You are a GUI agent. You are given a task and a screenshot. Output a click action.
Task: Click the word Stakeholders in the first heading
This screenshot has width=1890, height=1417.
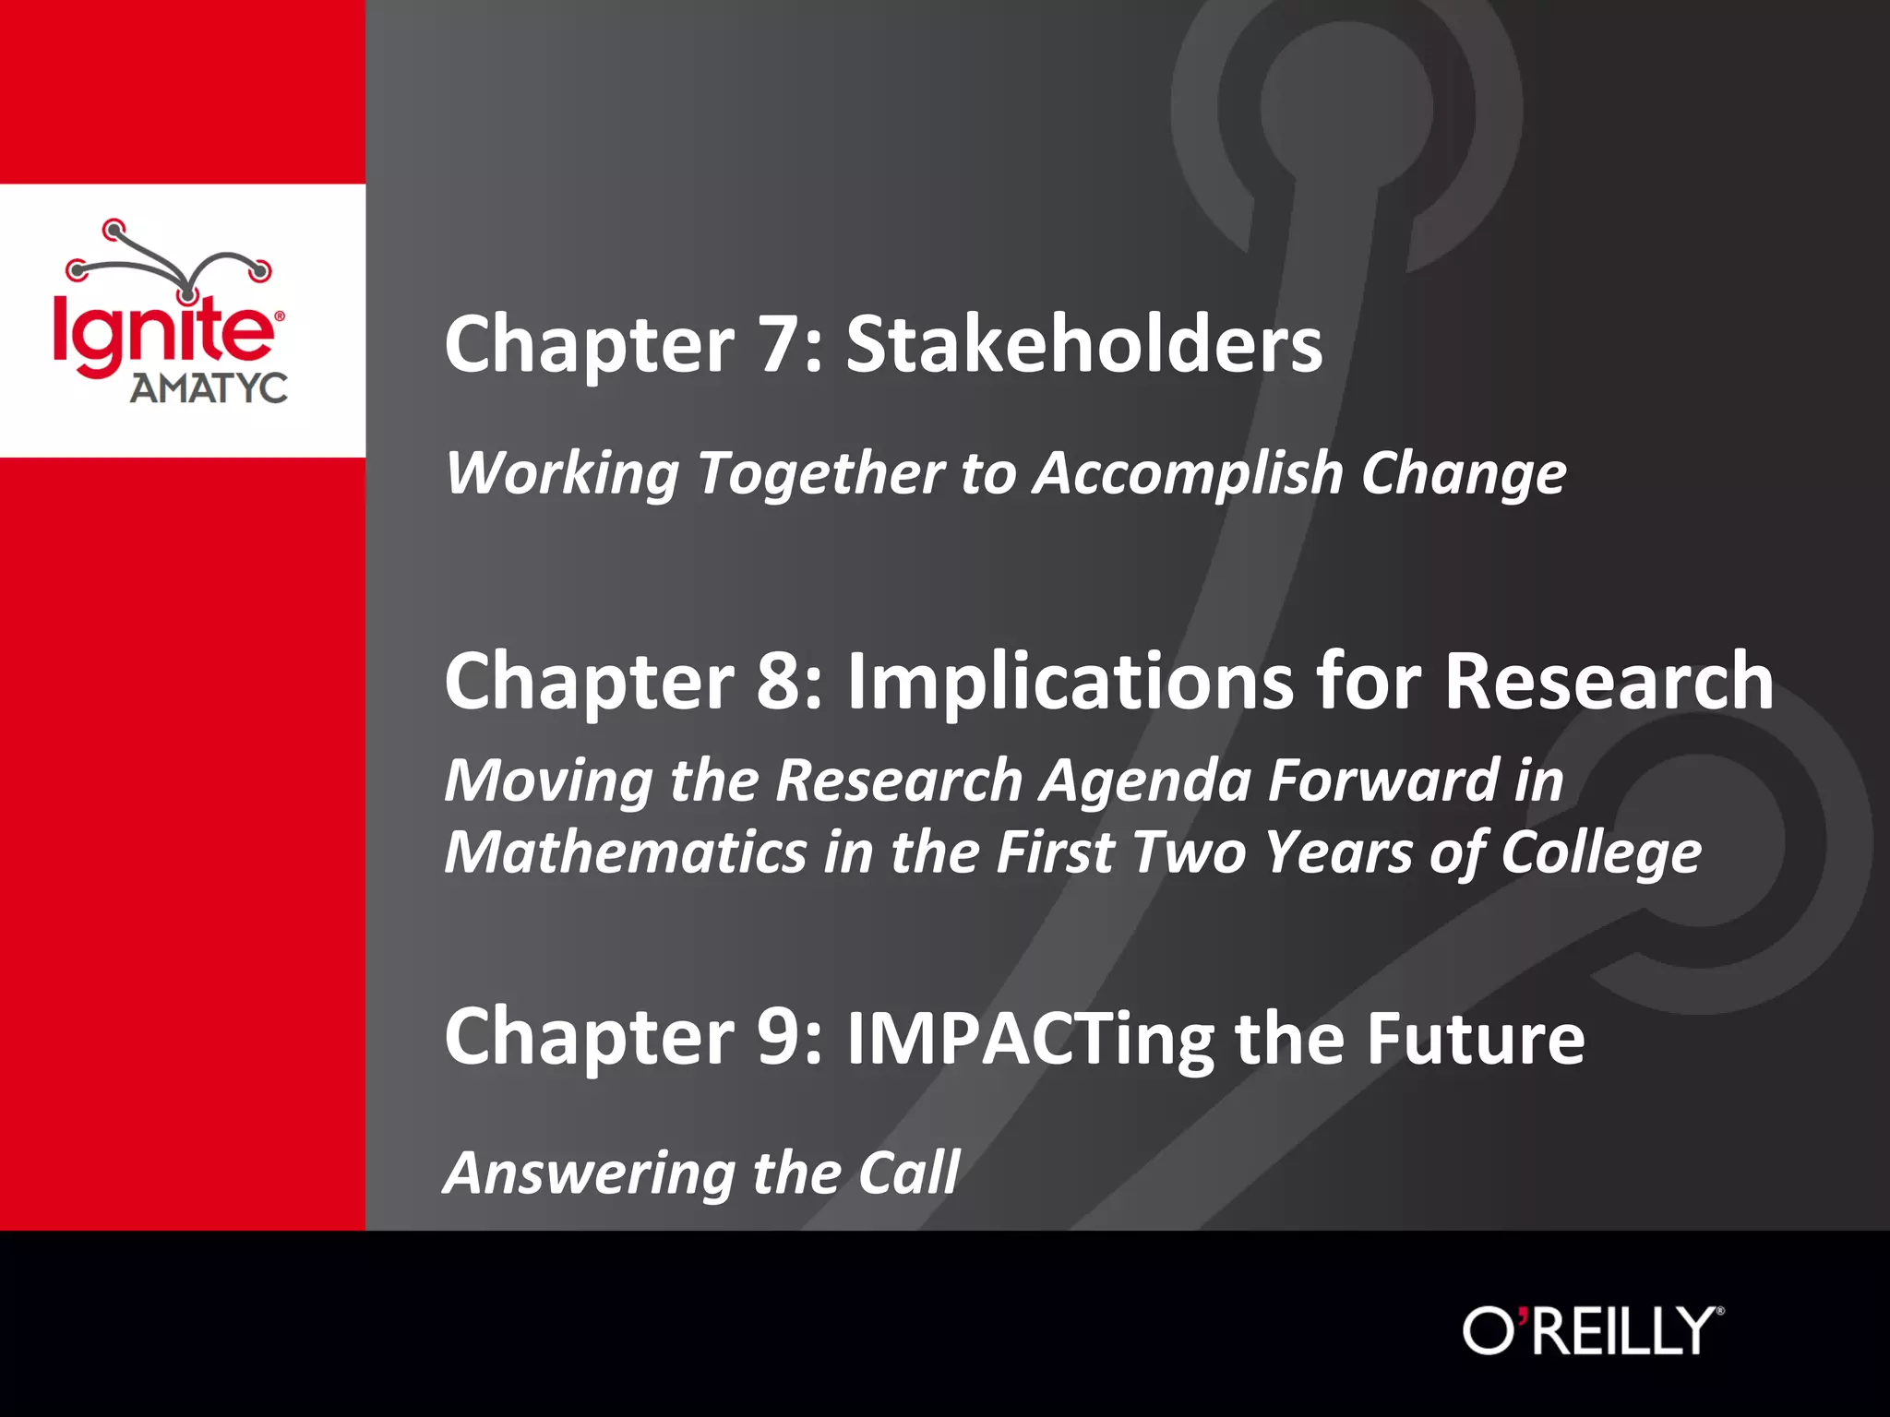point(1084,344)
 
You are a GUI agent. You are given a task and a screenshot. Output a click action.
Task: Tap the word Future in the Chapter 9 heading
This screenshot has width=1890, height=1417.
point(1476,1037)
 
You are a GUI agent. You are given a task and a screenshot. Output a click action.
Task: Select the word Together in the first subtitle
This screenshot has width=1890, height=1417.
point(820,474)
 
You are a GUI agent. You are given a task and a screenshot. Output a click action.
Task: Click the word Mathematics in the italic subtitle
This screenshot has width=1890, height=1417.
point(626,851)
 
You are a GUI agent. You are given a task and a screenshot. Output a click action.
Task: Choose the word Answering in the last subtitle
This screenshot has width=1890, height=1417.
point(589,1174)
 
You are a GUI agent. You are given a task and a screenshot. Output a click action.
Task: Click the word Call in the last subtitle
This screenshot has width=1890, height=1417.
point(909,1173)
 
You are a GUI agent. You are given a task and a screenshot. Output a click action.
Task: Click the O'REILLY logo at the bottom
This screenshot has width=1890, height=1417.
point(1593,1331)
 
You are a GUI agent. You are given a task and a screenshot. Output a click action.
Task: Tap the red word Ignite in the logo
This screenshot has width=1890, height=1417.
point(163,332)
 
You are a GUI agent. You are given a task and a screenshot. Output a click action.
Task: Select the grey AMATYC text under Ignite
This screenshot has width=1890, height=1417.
point(209,388)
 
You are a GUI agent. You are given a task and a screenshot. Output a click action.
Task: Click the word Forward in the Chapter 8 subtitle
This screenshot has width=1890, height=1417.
point(1383,780)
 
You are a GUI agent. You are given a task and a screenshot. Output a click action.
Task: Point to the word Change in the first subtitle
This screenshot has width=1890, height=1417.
point(1464,474)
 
